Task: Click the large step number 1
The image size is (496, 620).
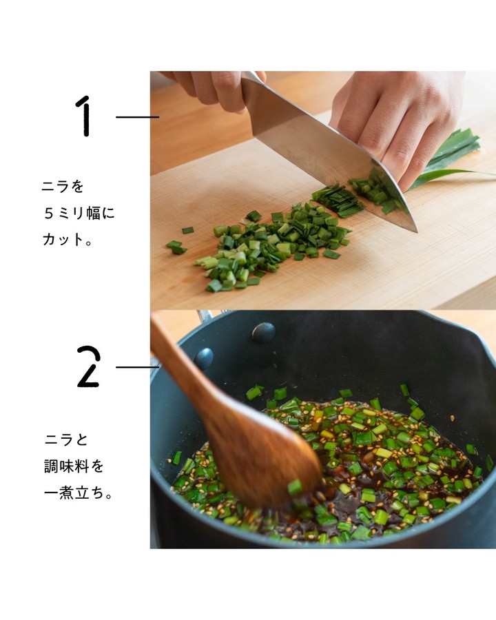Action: point(85,116)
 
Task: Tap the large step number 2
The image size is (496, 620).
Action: point(88,366)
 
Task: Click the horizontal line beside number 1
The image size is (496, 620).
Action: point(137,117)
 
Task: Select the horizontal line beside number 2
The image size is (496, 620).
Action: point(137,367)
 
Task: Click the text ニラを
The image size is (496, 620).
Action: point(63,186)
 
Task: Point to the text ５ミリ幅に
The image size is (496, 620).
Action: point(79,213)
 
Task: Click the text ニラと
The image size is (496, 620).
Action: point(65,440)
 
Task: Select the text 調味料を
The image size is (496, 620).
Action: point(74,466)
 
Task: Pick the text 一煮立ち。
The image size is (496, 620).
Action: point(79,493)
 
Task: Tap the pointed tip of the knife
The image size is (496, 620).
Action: point(417,231)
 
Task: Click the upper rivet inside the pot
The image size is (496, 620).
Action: point(263,332)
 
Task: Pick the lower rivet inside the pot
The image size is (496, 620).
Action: point(204,359)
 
